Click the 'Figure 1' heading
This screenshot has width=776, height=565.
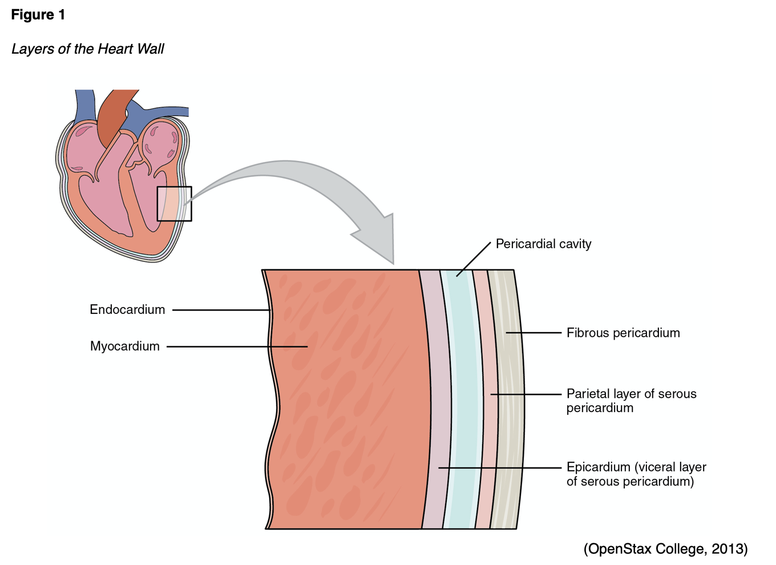point(38,15)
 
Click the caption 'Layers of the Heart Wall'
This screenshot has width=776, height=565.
point(88,49)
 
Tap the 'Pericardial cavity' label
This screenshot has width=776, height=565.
point(543,244)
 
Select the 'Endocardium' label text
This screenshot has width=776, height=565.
point(127,310)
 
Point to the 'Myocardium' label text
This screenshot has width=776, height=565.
point(125,346)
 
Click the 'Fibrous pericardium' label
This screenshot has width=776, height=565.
point(623,333)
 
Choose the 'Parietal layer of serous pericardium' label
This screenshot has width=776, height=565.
point(631,401)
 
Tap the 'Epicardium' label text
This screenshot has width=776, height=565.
point(598,467)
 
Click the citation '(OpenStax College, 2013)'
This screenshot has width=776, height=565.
point(665,549)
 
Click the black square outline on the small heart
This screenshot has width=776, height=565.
point(175,204)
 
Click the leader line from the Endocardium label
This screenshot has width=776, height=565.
point(220,310)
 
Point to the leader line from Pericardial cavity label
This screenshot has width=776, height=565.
point(474,259)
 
